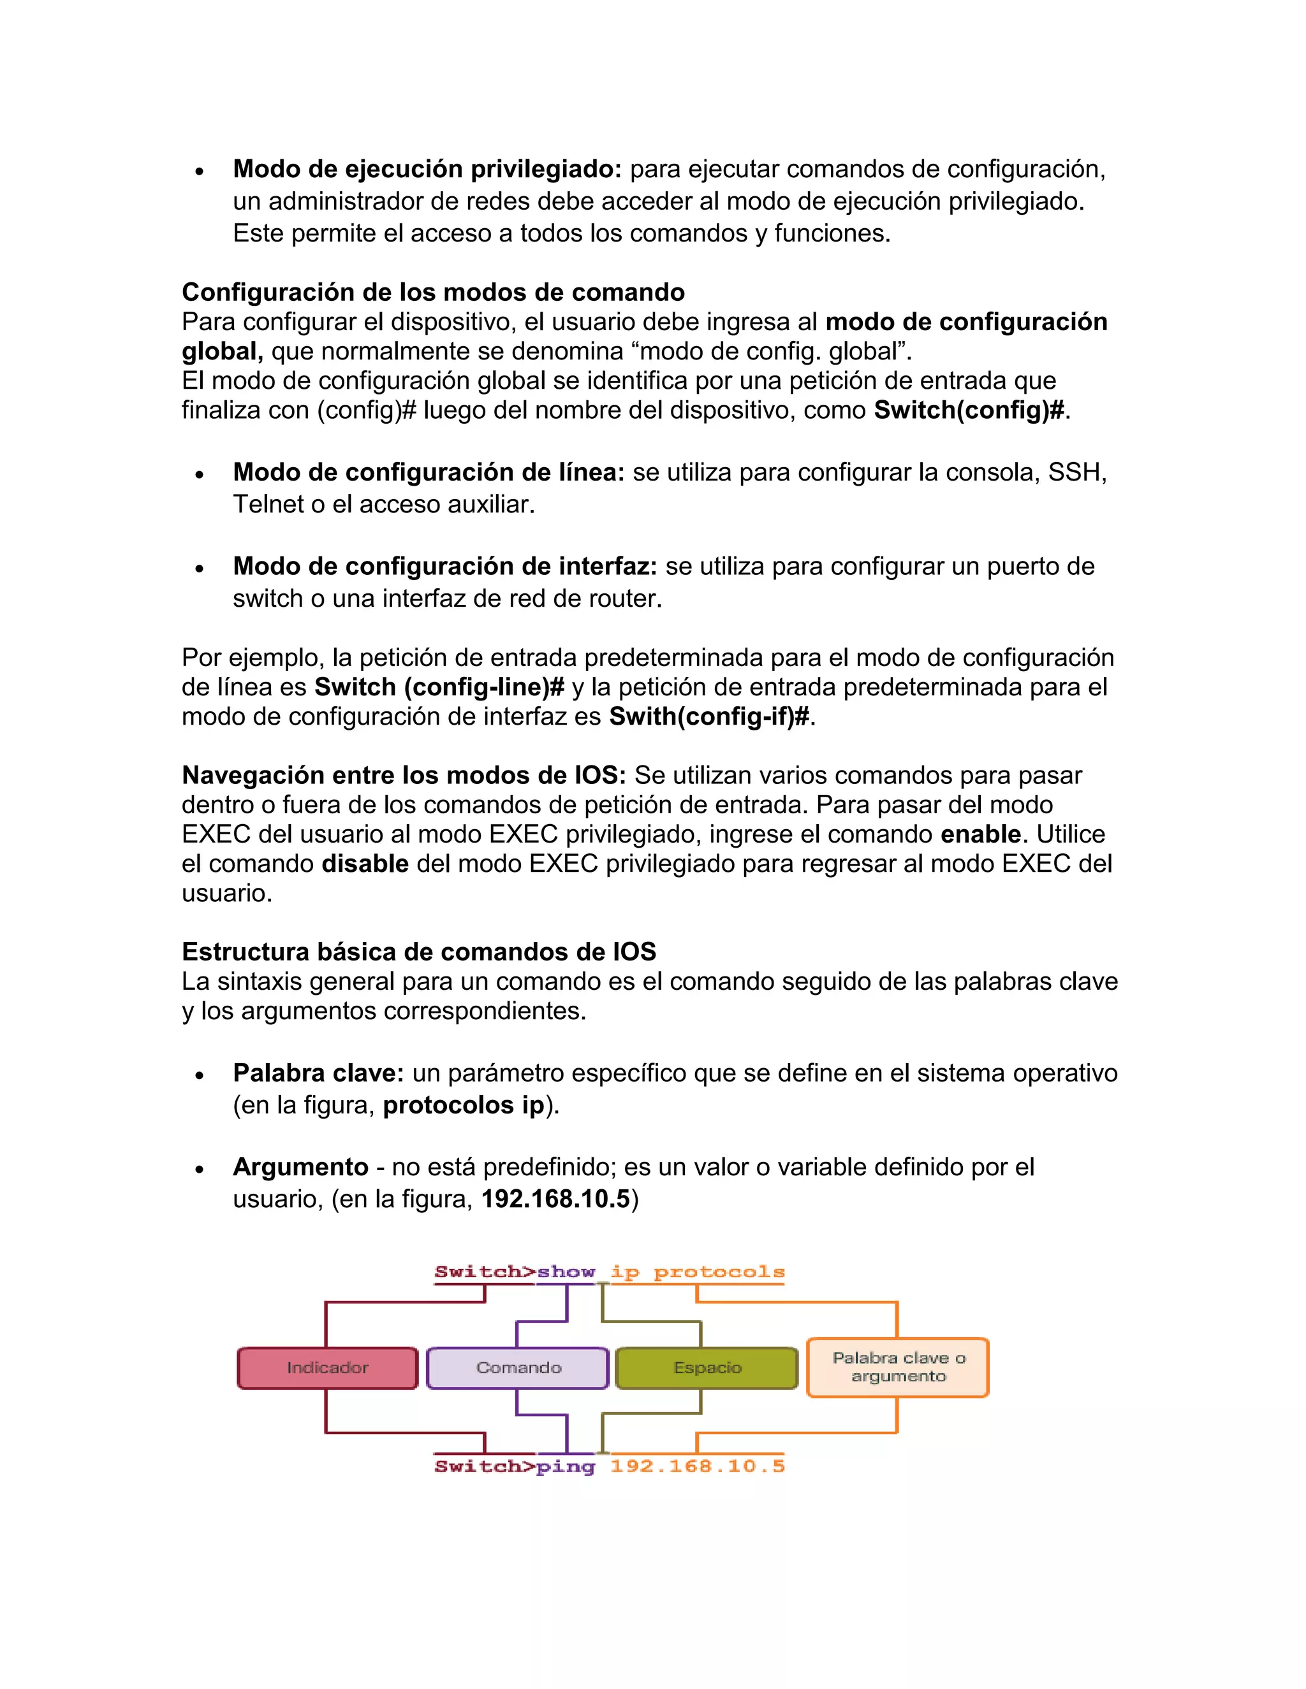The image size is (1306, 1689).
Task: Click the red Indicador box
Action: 327,1367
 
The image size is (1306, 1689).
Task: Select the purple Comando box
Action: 518,1367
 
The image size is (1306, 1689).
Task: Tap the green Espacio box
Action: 707,1367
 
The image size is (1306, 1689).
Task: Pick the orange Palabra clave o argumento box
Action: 897,1367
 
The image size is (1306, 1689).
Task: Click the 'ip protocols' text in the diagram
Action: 697,1272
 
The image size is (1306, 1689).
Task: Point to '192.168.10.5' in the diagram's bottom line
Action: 697,1467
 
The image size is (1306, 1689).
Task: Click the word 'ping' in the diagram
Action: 566,1467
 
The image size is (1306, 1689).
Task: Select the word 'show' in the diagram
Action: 566,1272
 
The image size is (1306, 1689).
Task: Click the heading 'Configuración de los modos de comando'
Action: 432,293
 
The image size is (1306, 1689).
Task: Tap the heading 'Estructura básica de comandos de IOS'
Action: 418,951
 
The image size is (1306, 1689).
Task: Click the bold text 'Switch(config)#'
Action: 969,410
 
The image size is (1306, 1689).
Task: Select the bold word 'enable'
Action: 980,834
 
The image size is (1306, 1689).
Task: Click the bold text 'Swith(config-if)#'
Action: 708,717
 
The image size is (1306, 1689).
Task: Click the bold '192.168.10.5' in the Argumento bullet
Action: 555,1200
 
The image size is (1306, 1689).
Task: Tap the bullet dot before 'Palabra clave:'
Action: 200,1076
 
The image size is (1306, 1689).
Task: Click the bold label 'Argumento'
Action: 300,1167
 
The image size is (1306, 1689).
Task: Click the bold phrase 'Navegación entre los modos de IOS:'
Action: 403,776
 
